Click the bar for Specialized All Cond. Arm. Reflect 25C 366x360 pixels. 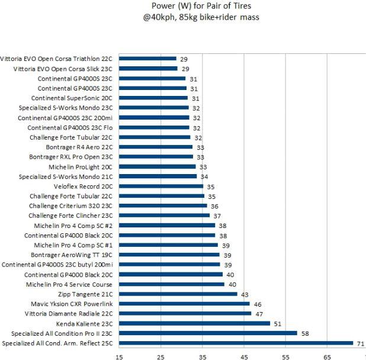click(237, 343)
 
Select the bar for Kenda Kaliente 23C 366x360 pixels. click(195, 323)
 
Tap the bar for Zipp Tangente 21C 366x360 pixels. click(178, 294)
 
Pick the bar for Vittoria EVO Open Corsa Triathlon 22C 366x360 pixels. click(148, 59)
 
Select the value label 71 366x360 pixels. click(359, 343)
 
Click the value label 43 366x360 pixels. click(243, 294)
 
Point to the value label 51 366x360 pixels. click(276, 323)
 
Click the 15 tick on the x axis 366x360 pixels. click(119, 356)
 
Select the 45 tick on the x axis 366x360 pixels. click(244, 356)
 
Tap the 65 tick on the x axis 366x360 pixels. click(327, 356)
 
